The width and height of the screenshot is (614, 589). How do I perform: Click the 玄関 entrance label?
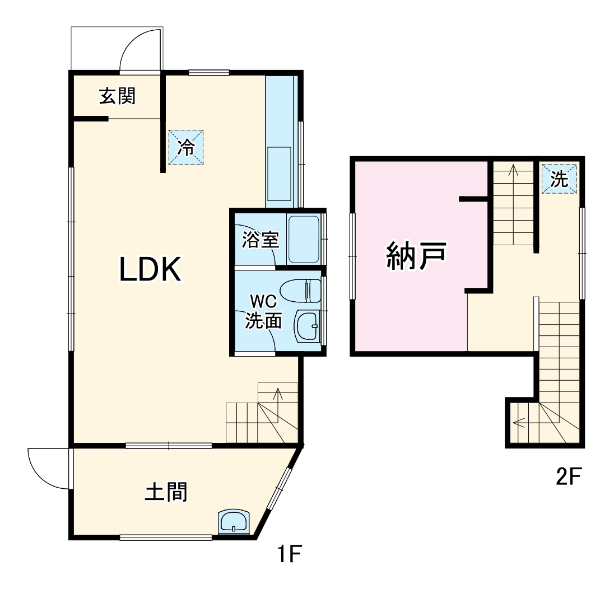click(x=118, y=96)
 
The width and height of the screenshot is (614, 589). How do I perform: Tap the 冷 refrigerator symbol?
click(x=187, y=147)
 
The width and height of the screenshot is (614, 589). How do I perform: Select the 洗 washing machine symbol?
click(x=559, y=179)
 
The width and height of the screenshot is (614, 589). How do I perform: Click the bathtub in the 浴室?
click(x=303, y=239)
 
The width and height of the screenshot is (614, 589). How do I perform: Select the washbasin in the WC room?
click(x=306, y=325)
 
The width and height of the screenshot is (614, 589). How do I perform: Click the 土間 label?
click(x=166, y=492)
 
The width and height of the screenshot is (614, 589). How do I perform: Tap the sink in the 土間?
click(x=234, y=522)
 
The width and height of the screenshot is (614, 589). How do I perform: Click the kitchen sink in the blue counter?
click(x=279, y=175)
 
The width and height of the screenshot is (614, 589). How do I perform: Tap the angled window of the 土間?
click(x=279, y=488)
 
